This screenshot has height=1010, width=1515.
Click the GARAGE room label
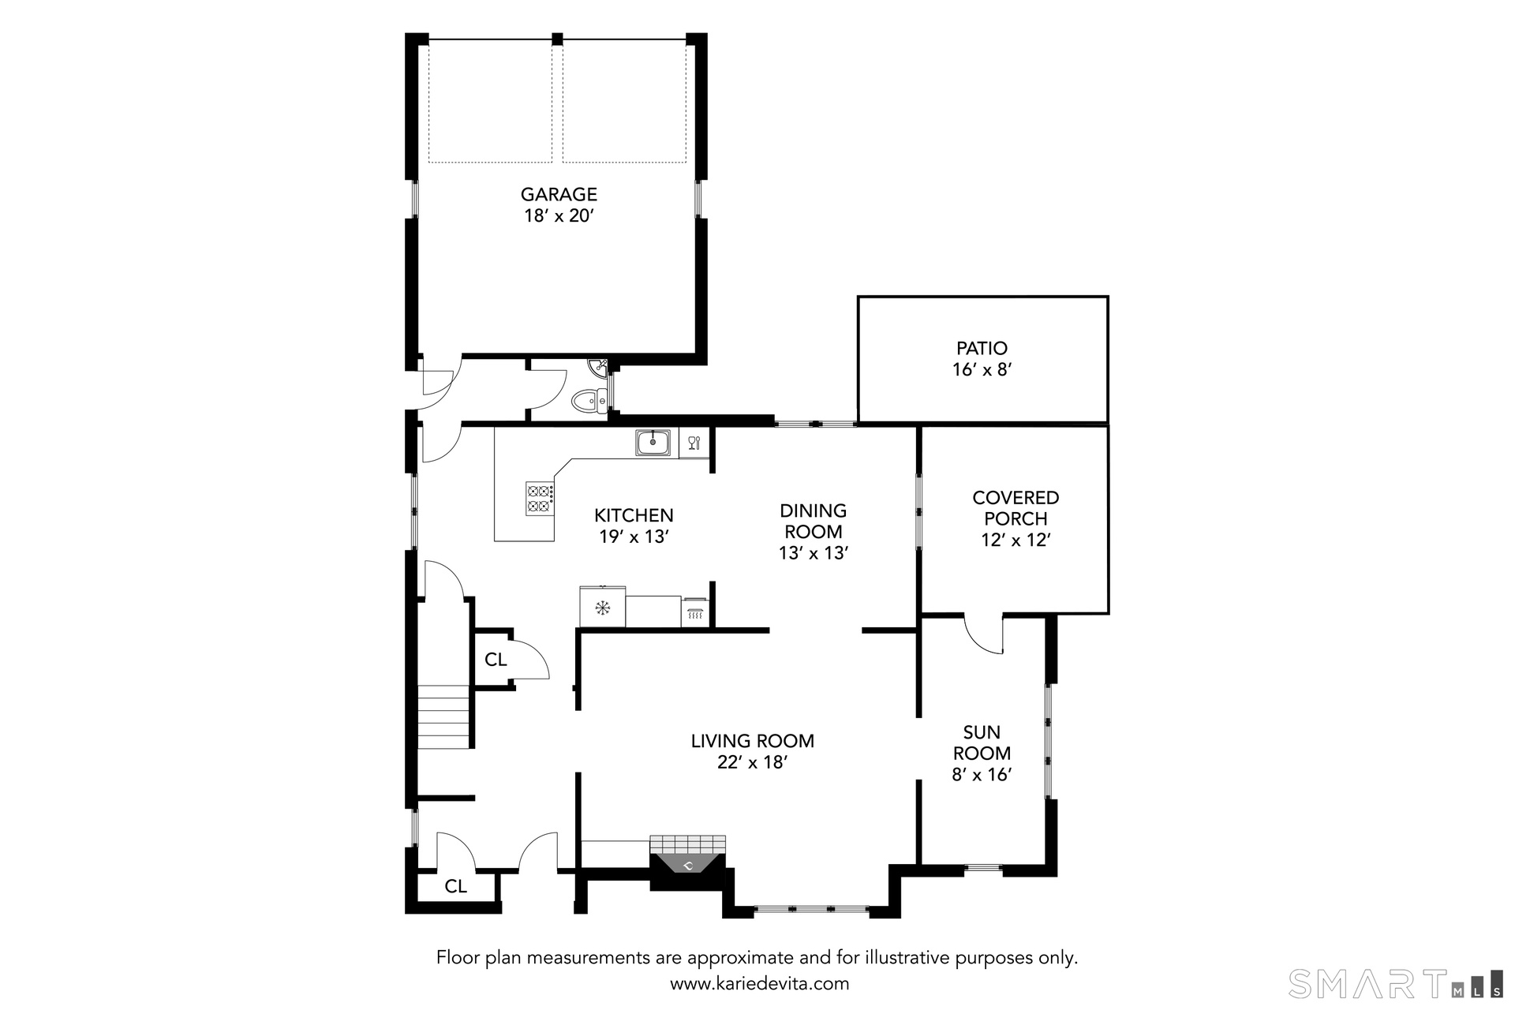pos(559,194)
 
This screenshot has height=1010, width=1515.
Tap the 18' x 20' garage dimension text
pos(559,215)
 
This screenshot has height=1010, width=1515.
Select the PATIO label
pos(982,348)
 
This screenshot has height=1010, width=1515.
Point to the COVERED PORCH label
pos(1016,508)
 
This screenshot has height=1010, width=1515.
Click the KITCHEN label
pos(634,515)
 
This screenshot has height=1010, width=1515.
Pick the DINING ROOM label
pos(813,521)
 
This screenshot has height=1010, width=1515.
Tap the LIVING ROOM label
pos(752,741)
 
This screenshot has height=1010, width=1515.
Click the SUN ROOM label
pos(982,743)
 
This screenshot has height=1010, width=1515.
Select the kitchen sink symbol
pos(653,443)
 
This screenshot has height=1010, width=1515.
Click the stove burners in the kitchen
pos(539,498)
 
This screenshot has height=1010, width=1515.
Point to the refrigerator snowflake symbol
pos(603,608)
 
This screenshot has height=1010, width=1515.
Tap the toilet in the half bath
pos(589,402)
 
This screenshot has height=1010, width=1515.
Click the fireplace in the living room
pos(687,862)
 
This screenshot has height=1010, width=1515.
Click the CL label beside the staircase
pos(496,660)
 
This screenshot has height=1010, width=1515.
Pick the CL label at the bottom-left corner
pos(455,886)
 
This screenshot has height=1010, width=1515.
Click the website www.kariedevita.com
pos(759,984)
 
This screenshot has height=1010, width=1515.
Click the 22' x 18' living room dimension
pos(752,762)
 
